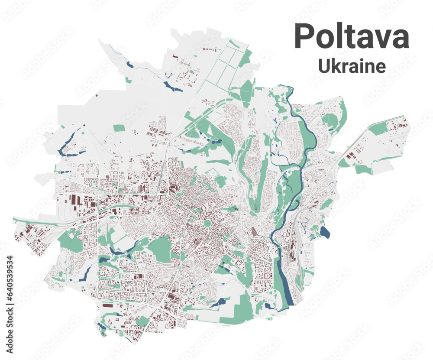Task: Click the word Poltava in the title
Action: [352, 37]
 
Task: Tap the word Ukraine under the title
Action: [352, 66]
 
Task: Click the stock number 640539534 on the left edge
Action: [10, 286]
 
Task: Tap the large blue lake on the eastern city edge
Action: [325, 233]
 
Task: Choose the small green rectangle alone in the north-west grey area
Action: [119, 128]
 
